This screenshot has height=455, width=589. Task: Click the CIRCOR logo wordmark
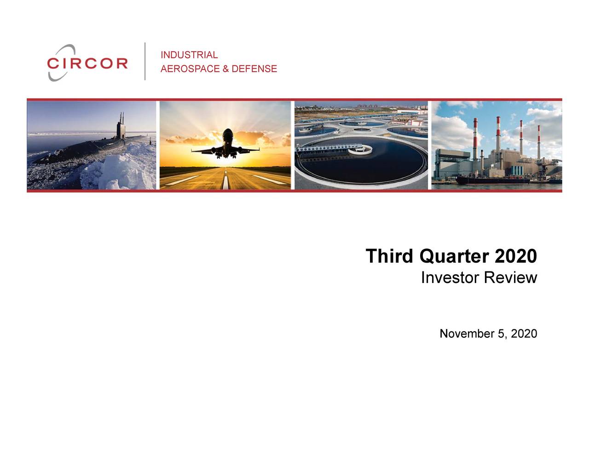(87, 63)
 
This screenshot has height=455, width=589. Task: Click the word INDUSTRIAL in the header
(189, 55)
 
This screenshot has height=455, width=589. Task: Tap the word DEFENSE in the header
(254, 69)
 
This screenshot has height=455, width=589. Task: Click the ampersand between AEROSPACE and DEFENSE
(225, 69)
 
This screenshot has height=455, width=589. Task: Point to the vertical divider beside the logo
(145, 61)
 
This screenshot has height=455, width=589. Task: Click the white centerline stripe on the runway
(225, 181)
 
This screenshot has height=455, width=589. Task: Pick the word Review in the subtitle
(511, 278)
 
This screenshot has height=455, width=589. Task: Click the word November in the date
(467, 334)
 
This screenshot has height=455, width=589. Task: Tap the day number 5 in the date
(501, 334)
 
